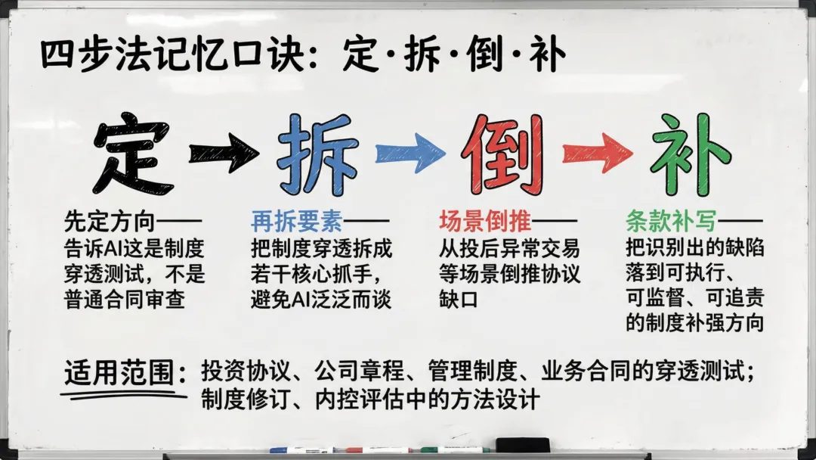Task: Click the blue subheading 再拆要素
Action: [296, 222]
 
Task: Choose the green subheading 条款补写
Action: [671, 222]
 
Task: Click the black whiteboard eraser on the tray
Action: [522, 445]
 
